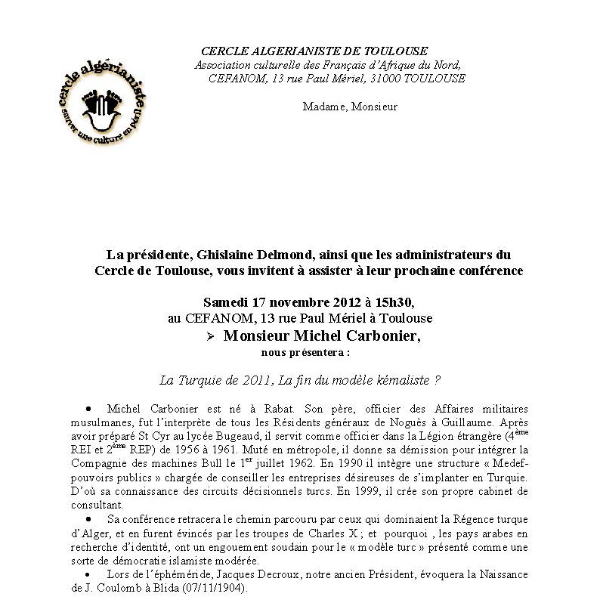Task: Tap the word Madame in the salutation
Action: click(x=323, y=107)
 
